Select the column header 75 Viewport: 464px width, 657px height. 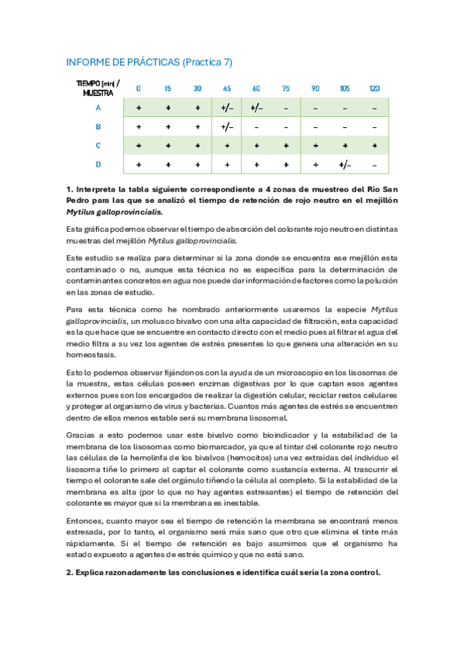click(x=286, y=88)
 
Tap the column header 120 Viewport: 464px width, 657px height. click(x=374, y=88)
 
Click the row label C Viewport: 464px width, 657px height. click(x=98, y=146)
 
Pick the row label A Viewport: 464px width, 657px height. click(x=98, y=108)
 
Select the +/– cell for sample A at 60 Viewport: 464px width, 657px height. click(x=256, y=108)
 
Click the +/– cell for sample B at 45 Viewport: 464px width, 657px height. click(x=227, y=126)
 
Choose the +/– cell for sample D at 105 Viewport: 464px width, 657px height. click(x=345, y=164)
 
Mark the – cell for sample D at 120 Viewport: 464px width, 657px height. click(x=374, y=164)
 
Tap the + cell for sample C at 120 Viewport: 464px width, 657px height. click(x=374, y=146)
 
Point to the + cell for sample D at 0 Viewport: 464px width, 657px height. click(x=139, y=164)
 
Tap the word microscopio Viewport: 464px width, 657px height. click(x=270, y=373)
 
